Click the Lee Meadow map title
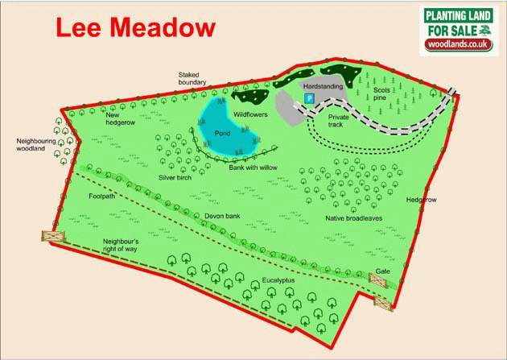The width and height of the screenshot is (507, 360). point(135,27)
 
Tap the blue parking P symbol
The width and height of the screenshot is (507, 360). point(307,97)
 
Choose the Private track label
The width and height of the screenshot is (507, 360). point(338,121)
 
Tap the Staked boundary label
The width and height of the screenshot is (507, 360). point(192,78)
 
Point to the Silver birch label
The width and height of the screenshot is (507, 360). point(175,177)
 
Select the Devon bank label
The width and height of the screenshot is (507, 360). point(224,215)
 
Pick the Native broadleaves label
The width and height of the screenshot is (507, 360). point(352,218)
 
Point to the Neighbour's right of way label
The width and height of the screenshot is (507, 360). point(122,246)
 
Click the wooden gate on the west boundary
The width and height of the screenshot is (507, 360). point(53,236)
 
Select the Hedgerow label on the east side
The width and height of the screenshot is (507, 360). point(421,200)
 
